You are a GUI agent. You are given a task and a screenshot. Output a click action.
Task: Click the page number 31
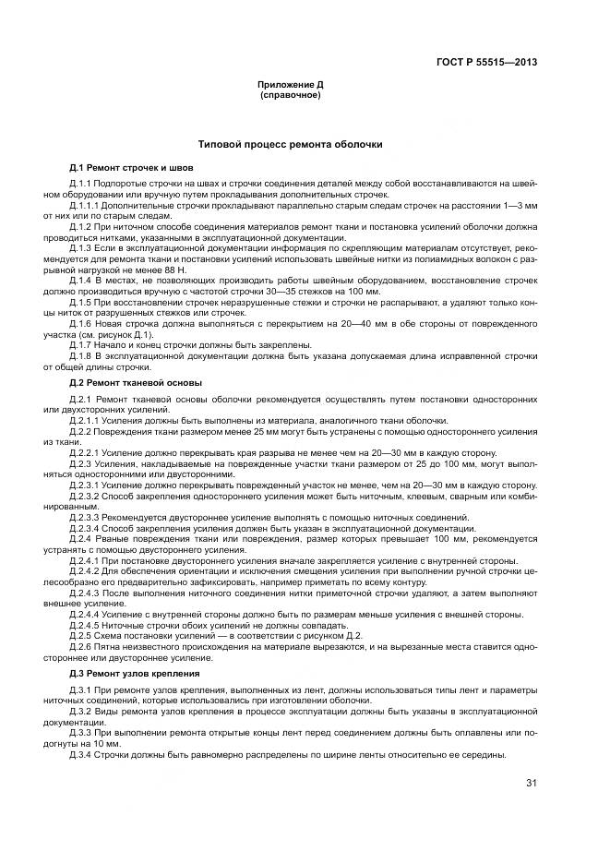pyautogui.click(x=531, y=784)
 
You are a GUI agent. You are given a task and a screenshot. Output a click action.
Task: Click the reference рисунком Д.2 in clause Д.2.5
pyautogui.click(x=338, y=636)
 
